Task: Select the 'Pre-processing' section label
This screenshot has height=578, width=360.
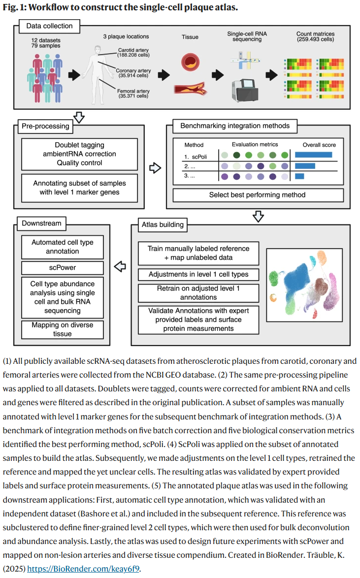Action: tap(46, 126)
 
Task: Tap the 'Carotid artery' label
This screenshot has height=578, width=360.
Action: tap(133, 50)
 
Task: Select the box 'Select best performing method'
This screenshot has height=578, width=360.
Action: tap(257, 194)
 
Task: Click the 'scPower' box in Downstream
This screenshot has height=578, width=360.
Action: tap(63, 268)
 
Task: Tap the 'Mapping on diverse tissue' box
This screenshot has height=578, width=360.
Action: tap(63, 329)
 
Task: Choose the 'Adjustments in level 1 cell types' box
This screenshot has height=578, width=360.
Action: tap(198, 274)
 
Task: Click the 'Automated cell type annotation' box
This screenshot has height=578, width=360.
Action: tap(63, 247)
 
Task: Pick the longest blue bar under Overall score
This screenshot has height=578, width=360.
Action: tap(313, 155)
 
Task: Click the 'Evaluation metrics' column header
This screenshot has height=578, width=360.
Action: tap(255, 145)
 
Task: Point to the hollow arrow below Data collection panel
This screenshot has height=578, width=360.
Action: tap(78, 117)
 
